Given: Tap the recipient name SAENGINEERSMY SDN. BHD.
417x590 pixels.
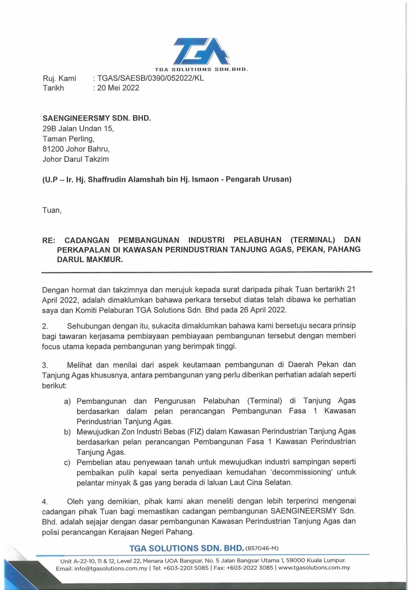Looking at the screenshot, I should tap(96, 118).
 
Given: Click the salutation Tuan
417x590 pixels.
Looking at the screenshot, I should tap(51, 210).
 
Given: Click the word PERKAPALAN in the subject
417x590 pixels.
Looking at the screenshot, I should tap(84, 249).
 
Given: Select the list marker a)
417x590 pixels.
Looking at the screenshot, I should tap(67, 400).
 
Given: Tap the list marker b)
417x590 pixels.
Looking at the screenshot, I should tap(67, 432).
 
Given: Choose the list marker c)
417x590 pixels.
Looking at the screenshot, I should tap(67, 462).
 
